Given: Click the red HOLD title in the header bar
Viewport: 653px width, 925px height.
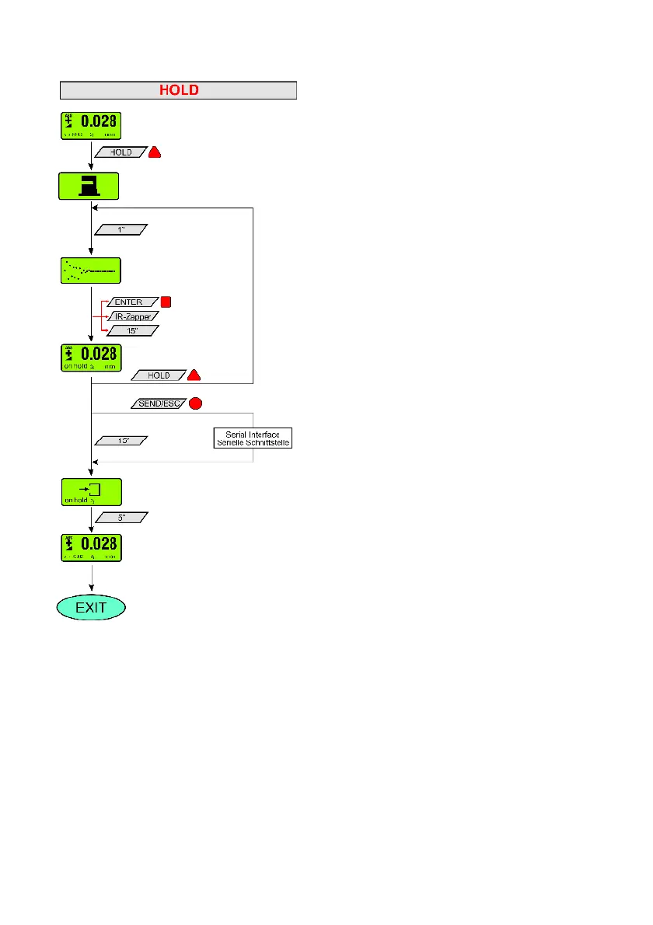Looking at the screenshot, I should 179,90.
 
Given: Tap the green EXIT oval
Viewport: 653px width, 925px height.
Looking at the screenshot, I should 92,608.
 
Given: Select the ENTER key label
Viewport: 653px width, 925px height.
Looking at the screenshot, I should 129,302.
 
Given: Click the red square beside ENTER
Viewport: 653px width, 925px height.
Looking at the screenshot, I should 165,302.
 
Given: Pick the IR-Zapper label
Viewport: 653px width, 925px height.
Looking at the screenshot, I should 132,316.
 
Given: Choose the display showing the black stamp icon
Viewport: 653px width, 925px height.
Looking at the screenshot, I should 89,187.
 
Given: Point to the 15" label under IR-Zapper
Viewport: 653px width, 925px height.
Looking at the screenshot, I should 131,330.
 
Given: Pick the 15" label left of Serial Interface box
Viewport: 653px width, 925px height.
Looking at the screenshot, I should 120,441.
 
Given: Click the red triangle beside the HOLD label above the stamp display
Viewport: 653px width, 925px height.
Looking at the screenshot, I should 154,152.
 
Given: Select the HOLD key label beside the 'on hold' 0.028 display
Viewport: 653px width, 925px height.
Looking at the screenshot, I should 159,375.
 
